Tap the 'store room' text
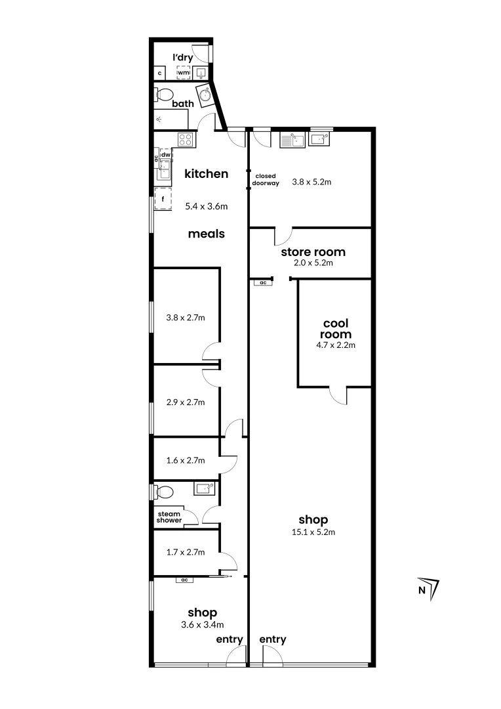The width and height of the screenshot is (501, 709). pyautogui.click(x=313, y=252)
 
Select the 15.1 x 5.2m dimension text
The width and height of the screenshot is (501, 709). pyautogui.click(x=313, y=532)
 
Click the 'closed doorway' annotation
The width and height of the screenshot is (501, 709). pyautogui.click(x=267, y=180)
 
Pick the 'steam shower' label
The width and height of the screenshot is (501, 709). pyautogui.click(x=169, y=517)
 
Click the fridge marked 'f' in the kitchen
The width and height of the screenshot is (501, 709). pyautogui.click(x=162, y=198)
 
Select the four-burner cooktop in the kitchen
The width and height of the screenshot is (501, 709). pyautogui.click(x=186, y=139)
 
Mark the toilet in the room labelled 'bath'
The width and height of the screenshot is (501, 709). pyautogui.click(x=163, y=95)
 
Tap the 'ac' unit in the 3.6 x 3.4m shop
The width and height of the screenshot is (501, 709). pyautogui.click(x=184, y=580)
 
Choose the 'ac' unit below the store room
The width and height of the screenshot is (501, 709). pyautogui.click(x=263, y=282)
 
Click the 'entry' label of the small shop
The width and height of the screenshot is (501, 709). pyautogui.click(x=230, y=639)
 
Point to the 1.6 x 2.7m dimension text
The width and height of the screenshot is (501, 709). pyautogui.click(x=186, y=460)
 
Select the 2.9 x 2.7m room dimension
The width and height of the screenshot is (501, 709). pyautogui.click(x=186, y=402)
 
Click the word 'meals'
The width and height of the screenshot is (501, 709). pyautogui.click(x=207, y=234)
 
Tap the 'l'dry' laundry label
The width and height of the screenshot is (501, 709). pyautogui.click(x=183, y=58)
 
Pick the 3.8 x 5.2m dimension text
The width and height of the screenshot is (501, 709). pyautogui.click(x=311, y=182)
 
